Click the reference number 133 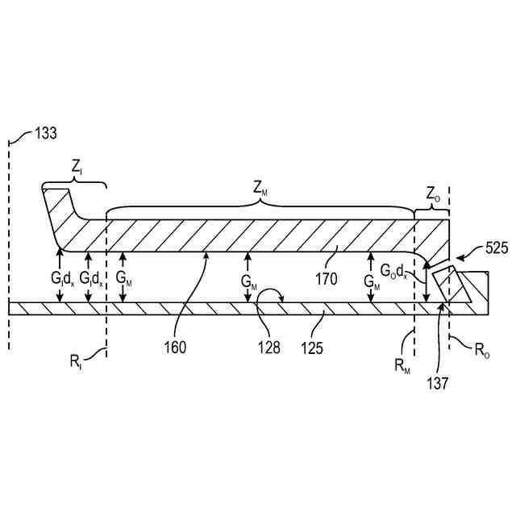pyautogui.click(x=44, y=135)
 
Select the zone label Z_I pyautogui.click(x=77, y=169)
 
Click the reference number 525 pyautogui.click(x=496, y=248)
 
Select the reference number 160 pyautogui.click(x=175, y=348)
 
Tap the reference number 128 pyautogui.click(x=269, y=348)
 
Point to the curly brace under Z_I pyautogui.click(x=73, y=183)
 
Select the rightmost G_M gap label pyautogui.click(x=371, y=283)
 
